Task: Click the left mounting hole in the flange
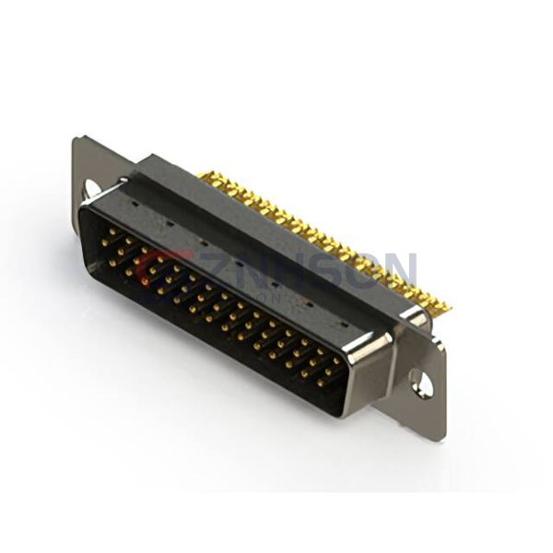pos(92,188)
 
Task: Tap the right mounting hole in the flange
pos(420,380)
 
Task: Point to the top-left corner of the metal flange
pos(76,139)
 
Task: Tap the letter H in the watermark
pos(283,268)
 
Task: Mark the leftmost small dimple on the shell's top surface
pos(135,197)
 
